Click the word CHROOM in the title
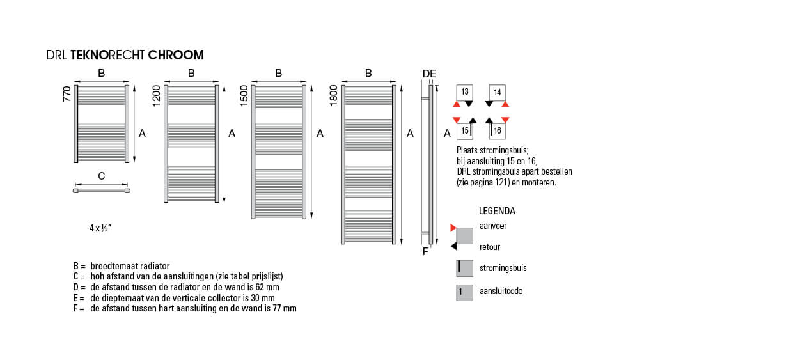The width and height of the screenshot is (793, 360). click(176, 56)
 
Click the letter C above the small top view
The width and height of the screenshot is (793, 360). click(101, 176)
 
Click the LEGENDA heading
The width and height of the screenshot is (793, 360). click(497, 211)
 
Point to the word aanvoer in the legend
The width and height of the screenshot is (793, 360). click(493, 226)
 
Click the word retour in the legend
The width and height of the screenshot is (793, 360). click(490, 247)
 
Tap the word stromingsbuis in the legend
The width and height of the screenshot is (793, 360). click(503, 269)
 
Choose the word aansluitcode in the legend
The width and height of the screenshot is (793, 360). click(501, 291)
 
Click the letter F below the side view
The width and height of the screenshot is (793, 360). click(425, 251)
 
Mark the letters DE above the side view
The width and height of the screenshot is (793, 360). click(429, 74)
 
